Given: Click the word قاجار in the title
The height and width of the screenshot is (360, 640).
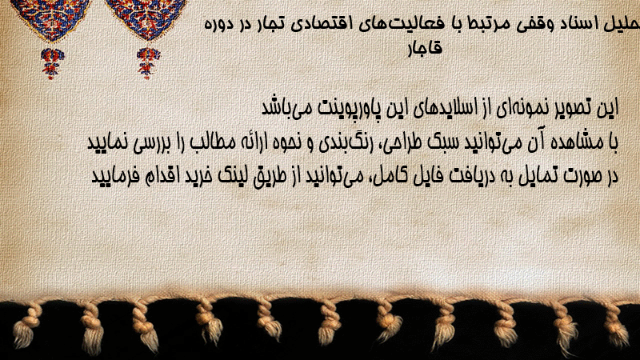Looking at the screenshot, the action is (x=426, y=49).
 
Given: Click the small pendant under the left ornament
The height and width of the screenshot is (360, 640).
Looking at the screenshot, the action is (x=52, y=63).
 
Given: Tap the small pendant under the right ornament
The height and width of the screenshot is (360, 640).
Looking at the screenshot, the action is (x=148, y=62).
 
